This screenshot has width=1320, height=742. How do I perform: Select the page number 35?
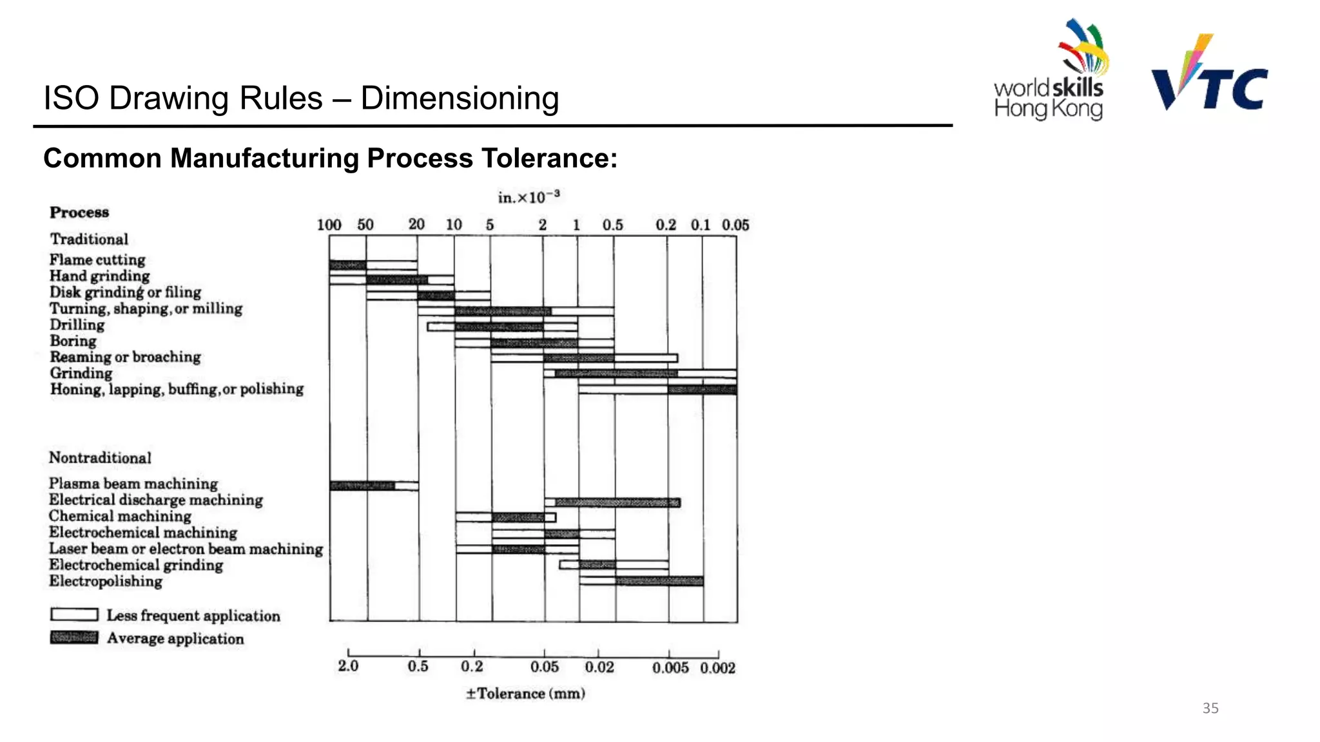pos(1210,708)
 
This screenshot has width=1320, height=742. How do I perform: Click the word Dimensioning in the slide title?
pos(459,99)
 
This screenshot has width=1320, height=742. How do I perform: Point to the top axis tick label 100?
pos(329,225)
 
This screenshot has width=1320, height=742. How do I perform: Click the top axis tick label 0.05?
pos(735,225)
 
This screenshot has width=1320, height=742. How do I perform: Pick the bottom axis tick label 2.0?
pos(348,666)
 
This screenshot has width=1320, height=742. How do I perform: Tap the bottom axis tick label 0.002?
pos(717,668)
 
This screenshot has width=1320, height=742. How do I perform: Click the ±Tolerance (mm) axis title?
pos(525,694)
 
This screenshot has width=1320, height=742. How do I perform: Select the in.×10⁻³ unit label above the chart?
pos(529,197)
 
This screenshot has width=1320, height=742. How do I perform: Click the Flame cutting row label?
pos(97,260)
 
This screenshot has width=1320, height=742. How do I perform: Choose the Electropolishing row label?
pos(106,581)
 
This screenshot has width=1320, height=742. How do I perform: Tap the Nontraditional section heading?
pos(100,458)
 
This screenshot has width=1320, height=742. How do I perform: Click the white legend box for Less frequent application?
pos(74,614)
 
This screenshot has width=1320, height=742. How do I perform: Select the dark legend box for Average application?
pos(74,638)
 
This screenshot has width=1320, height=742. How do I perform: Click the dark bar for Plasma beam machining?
pos(362,486)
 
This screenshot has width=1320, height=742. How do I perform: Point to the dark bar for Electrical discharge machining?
pos(617,502)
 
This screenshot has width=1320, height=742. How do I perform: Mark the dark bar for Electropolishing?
pos(659,581)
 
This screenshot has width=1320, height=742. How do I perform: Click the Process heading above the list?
pos(79,213)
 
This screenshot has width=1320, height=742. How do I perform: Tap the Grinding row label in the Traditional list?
pos(81,373)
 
